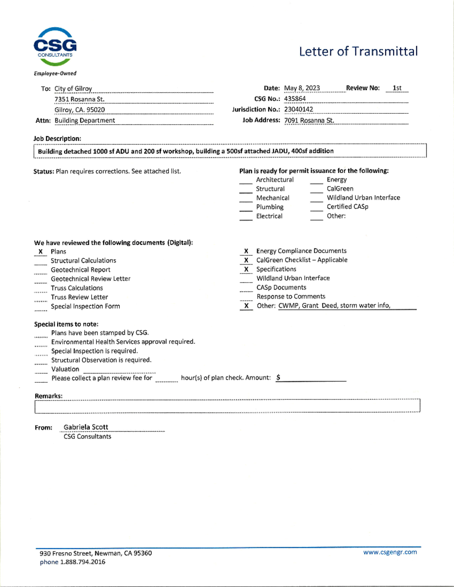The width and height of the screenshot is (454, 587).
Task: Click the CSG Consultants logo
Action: [55, 46]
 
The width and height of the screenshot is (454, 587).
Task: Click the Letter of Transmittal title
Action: [358, 51]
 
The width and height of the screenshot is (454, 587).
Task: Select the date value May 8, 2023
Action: [302, 88]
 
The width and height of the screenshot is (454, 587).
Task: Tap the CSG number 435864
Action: [295, 99]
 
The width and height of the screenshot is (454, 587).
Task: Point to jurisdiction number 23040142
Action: [299, 109]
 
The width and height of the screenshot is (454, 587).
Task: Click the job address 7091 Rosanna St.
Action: [309, 120]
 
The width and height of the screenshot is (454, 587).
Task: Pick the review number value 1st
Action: [397, 88]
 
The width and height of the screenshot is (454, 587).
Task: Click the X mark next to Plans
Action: [40, 252]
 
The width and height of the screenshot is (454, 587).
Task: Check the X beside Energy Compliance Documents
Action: [246, 251]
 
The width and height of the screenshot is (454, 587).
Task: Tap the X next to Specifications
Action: [246, 269]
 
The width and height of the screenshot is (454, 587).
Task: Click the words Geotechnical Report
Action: [81, 270]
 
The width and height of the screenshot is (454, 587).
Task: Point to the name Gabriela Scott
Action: [86, 427]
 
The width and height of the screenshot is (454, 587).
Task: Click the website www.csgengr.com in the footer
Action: [390, 552]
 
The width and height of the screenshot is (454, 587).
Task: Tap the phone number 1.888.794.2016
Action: [82, 562]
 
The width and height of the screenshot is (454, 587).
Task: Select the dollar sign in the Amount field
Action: [278, 377]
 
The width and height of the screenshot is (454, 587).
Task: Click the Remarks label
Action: [48, 396]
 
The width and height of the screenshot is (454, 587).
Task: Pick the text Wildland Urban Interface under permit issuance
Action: [363, 198]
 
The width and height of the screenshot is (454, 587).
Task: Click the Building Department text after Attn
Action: [85, 121]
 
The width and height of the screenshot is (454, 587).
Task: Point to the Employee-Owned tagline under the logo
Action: [55, 73]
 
